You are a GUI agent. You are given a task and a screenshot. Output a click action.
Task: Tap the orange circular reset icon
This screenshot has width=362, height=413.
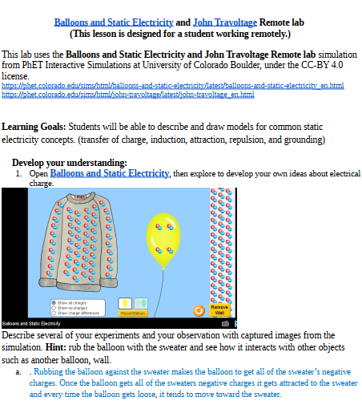click(x=199, y=310)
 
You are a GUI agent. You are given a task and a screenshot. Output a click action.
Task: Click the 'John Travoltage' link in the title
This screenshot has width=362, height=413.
click(x=219, y=22)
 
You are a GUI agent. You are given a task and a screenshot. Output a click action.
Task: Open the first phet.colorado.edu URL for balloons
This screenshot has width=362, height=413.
click(x=173, y=85)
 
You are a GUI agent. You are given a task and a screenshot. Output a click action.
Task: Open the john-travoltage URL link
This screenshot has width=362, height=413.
click(x=128, y=94)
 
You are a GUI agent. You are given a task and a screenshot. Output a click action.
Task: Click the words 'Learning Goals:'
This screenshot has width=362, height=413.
click(x=34, y=127)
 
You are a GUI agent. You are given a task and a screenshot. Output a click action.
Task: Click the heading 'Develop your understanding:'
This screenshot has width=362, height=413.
click(x=70, y=163)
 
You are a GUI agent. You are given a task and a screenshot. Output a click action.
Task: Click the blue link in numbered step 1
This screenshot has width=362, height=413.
click(x=109, y=173)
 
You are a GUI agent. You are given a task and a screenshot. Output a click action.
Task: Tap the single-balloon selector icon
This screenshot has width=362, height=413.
click(x=125, y=302)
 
